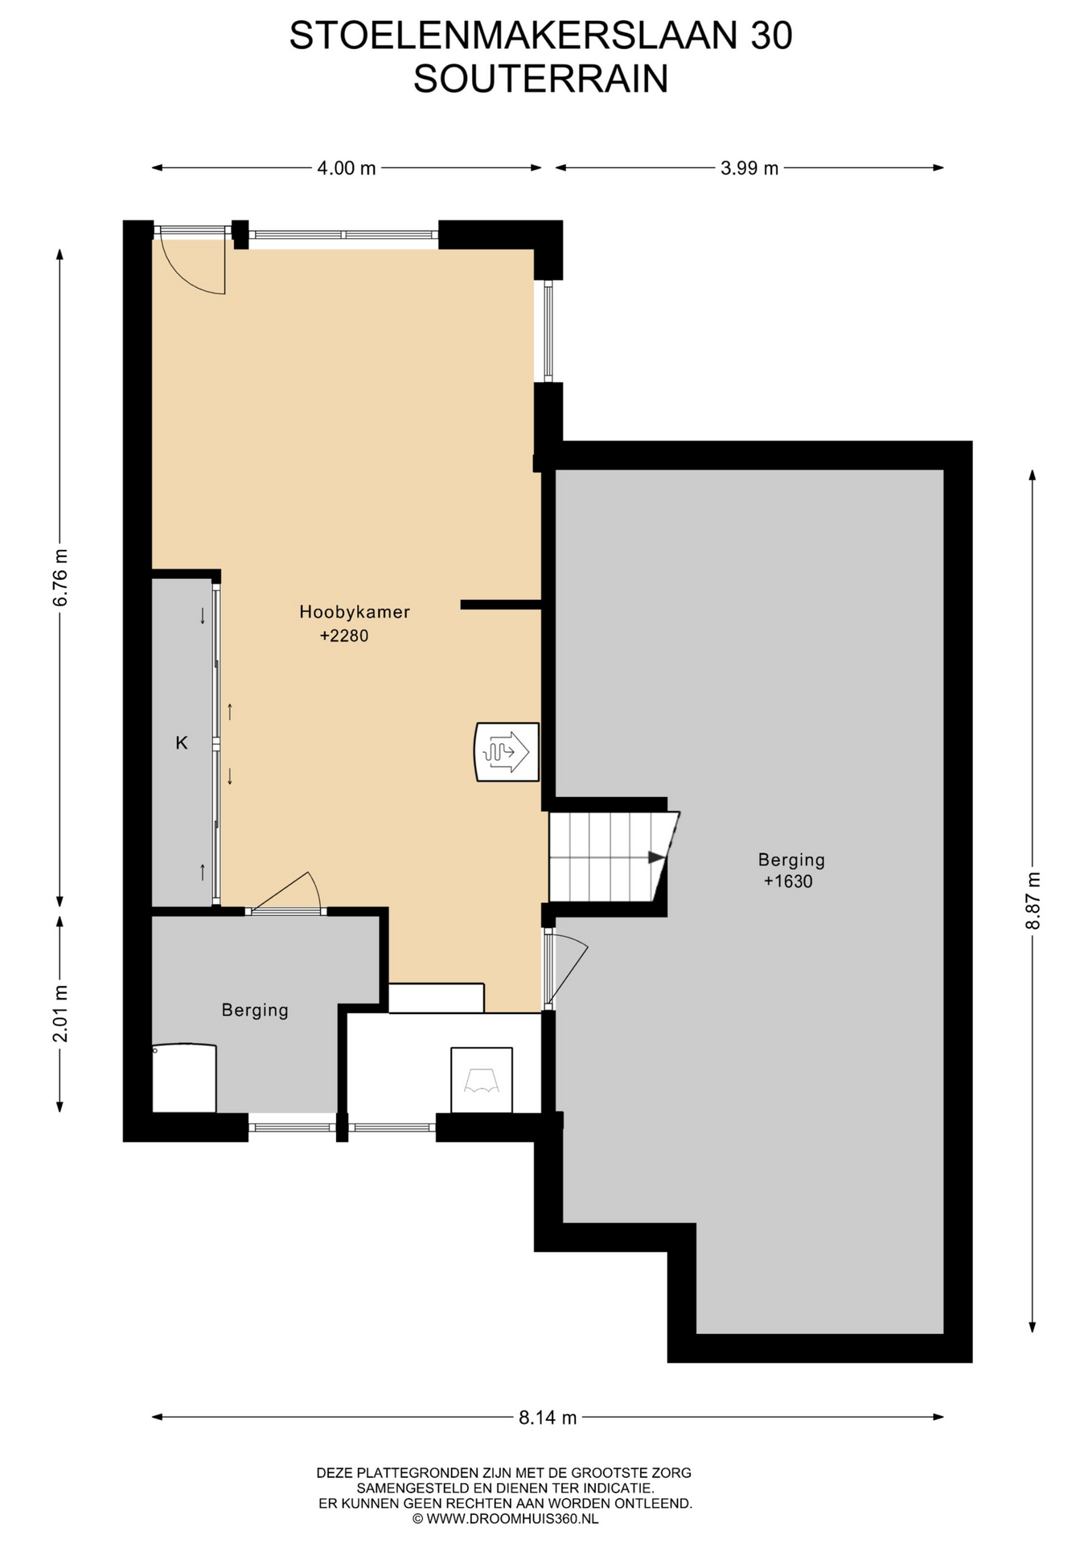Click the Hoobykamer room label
pos(355,612)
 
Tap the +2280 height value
pos(344,636)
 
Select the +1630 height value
pos(788,881)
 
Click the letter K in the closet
pos(182,743)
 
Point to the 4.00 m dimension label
pos(347,168)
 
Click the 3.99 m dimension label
pos(749,168)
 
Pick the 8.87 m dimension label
pos(1033,901)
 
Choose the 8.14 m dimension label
pos(548,1418)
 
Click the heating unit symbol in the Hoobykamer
pos(507,752)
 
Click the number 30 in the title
pos(771,35)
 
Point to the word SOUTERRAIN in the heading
pos(541,79)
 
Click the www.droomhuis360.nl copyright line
pos(505,1519)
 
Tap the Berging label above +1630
pos(791,860)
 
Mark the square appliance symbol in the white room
pos(482,1080)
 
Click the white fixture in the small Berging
pos(184,1078)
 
